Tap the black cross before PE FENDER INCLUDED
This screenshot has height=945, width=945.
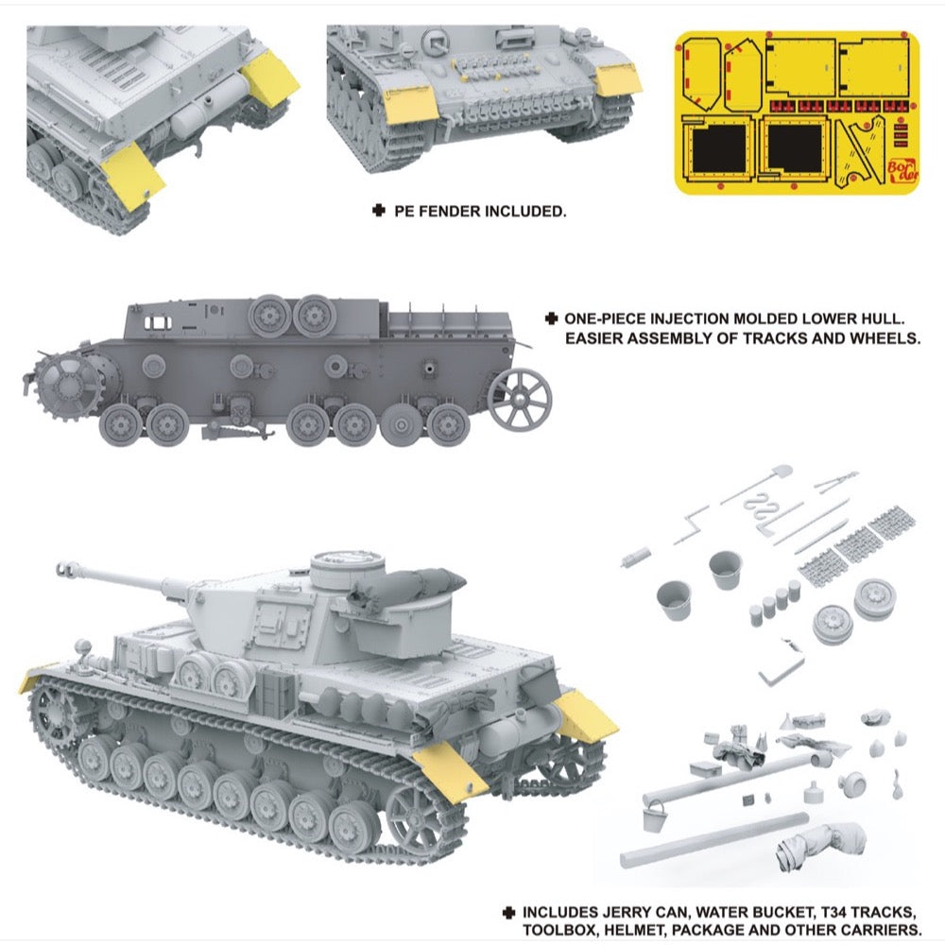click(379, 211)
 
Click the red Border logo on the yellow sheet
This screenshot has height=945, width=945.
click(902, 170)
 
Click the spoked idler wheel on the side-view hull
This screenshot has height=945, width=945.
click(520, 399)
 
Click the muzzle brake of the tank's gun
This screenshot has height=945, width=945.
click(66, 568)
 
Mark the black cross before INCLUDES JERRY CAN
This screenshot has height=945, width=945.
click(508, 913)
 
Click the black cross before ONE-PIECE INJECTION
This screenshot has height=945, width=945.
click(551, 318)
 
